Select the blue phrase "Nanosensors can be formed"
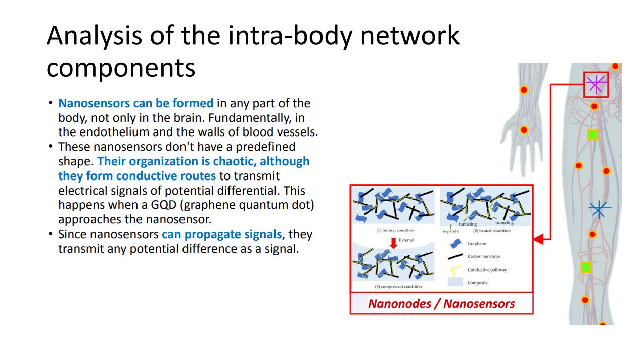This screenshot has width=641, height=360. (x=135, y=103)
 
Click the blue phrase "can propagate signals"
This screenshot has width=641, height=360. (x=221, y=235)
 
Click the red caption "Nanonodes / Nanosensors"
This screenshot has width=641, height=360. (x=441, y=304)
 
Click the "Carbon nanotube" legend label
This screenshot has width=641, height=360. (x=483, y=256)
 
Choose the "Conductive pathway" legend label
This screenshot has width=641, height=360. (x=487, y=269)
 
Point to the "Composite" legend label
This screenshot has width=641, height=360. (x=477, y=283)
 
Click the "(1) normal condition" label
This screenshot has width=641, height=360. (x=395, y=230)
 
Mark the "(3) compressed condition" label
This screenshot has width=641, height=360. (x=398, y=287)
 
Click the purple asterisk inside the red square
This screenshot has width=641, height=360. (x=596, y=84)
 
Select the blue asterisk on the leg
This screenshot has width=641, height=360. (x=600, y=208)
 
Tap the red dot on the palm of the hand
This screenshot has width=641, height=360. (x=524, y=130)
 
